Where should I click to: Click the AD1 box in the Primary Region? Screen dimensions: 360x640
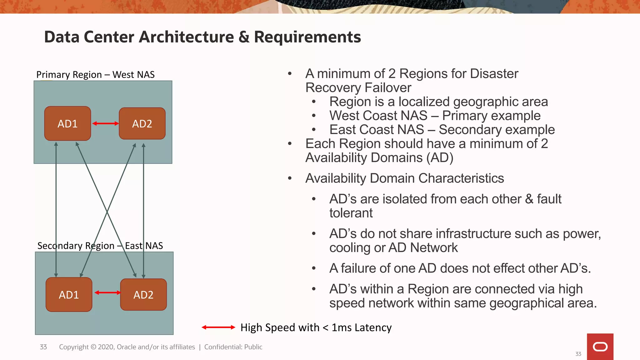67,123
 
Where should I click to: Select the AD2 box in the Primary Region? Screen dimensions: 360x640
142,123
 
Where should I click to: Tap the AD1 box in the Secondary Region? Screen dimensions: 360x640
69,294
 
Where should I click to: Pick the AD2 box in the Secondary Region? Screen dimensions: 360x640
143,294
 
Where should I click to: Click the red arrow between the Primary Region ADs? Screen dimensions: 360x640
105,123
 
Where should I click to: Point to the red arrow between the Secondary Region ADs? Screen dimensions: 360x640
107,292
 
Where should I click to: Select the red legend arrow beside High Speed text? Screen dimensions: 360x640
218,327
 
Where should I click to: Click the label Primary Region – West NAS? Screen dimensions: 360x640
95,75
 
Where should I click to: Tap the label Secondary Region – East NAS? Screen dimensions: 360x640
100,246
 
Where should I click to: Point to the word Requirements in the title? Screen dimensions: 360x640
307,37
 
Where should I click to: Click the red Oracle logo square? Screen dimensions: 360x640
600,347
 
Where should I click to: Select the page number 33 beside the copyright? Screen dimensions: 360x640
43,347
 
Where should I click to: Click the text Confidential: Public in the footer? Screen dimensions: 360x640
233,347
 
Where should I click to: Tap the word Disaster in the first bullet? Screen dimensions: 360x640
494,74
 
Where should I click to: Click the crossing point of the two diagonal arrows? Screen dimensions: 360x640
107,212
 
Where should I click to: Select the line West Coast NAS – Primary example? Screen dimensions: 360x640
435,116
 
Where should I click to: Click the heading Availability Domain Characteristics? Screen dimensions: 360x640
404,178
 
